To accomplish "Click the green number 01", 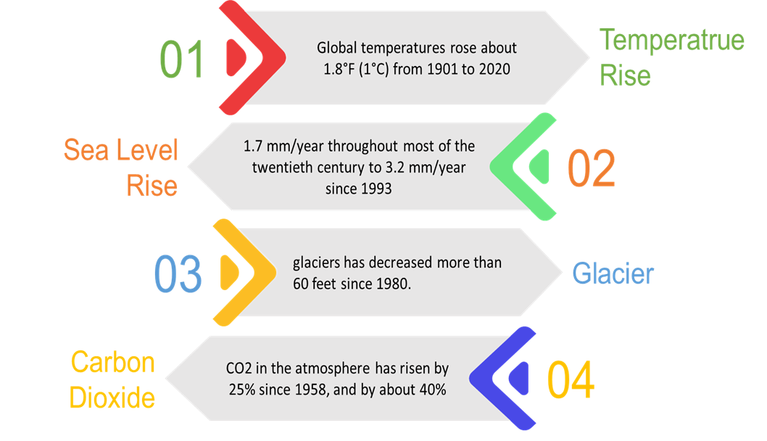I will tap(182, 60).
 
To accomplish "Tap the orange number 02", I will tap(591, 168).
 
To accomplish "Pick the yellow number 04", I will tap(571, 380).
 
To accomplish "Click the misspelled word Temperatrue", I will tap(671, 39).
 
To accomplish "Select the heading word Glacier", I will tap(613, 274).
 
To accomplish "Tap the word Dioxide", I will tap(112, 397).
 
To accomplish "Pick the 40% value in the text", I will tap(431, 389).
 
